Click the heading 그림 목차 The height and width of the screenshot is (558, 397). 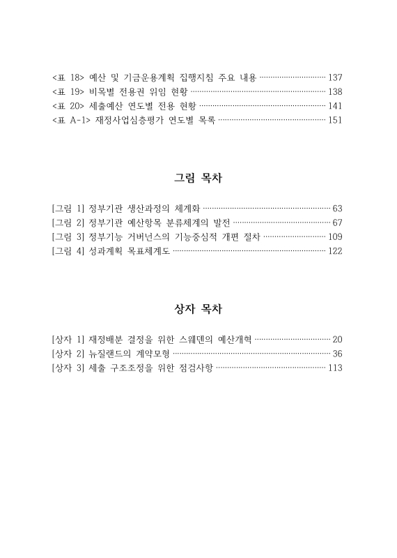click(198, 178)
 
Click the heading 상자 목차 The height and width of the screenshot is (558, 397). click(198, 308)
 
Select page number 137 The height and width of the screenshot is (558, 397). click(335, 76)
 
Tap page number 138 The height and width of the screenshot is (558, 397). click(335, 91)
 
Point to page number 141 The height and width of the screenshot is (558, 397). click(335, 105)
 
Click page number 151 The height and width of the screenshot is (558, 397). click(335, 121)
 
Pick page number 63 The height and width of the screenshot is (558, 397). click(338, 208)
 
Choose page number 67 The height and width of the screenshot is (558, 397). click(338, 223)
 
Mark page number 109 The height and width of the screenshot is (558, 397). click(335, 238)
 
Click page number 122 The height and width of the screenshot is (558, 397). click(335, 252)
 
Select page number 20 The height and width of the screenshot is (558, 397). click(338, 339)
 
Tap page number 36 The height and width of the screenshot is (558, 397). click(338, 354)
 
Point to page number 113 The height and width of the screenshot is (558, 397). click(335, 368)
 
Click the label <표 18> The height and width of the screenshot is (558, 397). click(68, 76)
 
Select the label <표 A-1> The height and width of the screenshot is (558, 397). click(71, 121)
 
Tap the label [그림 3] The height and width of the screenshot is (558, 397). click(68, 238)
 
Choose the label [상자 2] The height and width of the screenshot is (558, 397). click(68, 354)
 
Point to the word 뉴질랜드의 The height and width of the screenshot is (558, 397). click(113, 354)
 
